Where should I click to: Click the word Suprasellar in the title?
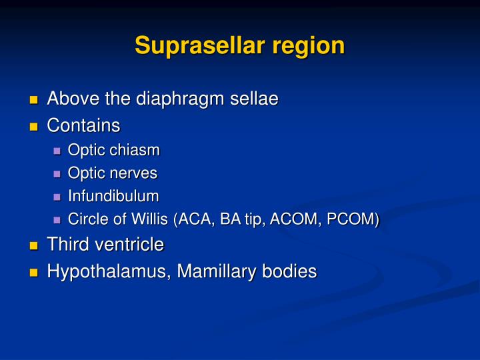(x=191, y=46)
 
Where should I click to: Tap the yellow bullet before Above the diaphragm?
(x=35, y=100)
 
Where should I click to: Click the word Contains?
(x=83, y=125)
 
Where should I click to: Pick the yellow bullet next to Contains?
(x=35, y=126)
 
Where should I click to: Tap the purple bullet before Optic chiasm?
(x=57, y=151)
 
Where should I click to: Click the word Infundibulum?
(x=113, y=196)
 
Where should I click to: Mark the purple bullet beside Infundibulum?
(x=57, y=197)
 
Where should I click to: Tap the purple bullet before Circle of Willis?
(x=57, y=220)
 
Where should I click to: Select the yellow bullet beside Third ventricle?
(x=35, y=245)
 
